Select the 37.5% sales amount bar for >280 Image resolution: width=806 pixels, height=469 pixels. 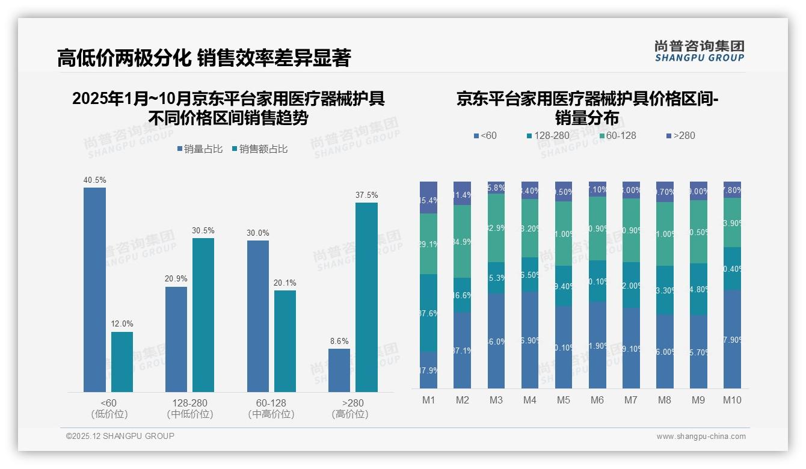tap(366, 297)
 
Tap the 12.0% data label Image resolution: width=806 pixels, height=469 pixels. tap(122, 324)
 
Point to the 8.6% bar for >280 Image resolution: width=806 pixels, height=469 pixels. tap(339, 370)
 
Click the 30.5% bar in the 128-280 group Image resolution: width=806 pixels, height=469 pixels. tap(203, 315)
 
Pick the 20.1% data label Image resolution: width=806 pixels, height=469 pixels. tap(285, 283)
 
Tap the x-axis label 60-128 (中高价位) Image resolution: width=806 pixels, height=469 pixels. tap(271, 408)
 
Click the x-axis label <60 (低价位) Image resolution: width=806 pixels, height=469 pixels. tap(109, 408)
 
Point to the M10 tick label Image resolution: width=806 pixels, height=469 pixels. tap(732, 400)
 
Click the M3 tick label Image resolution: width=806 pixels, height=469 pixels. tap(496, 400)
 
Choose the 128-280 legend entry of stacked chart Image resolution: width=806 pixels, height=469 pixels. tap(548, 136)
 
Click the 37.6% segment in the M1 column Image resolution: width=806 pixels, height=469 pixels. tap(429, 313)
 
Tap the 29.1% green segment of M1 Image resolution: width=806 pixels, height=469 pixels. tap(429, 244)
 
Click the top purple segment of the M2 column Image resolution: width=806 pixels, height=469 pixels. tap(463, 193)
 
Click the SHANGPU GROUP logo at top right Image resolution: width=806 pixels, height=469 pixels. tap(699, 51)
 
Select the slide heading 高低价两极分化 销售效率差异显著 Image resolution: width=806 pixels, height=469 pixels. tap(204, 58)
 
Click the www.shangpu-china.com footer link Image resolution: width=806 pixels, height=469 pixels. tap(701, 437)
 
